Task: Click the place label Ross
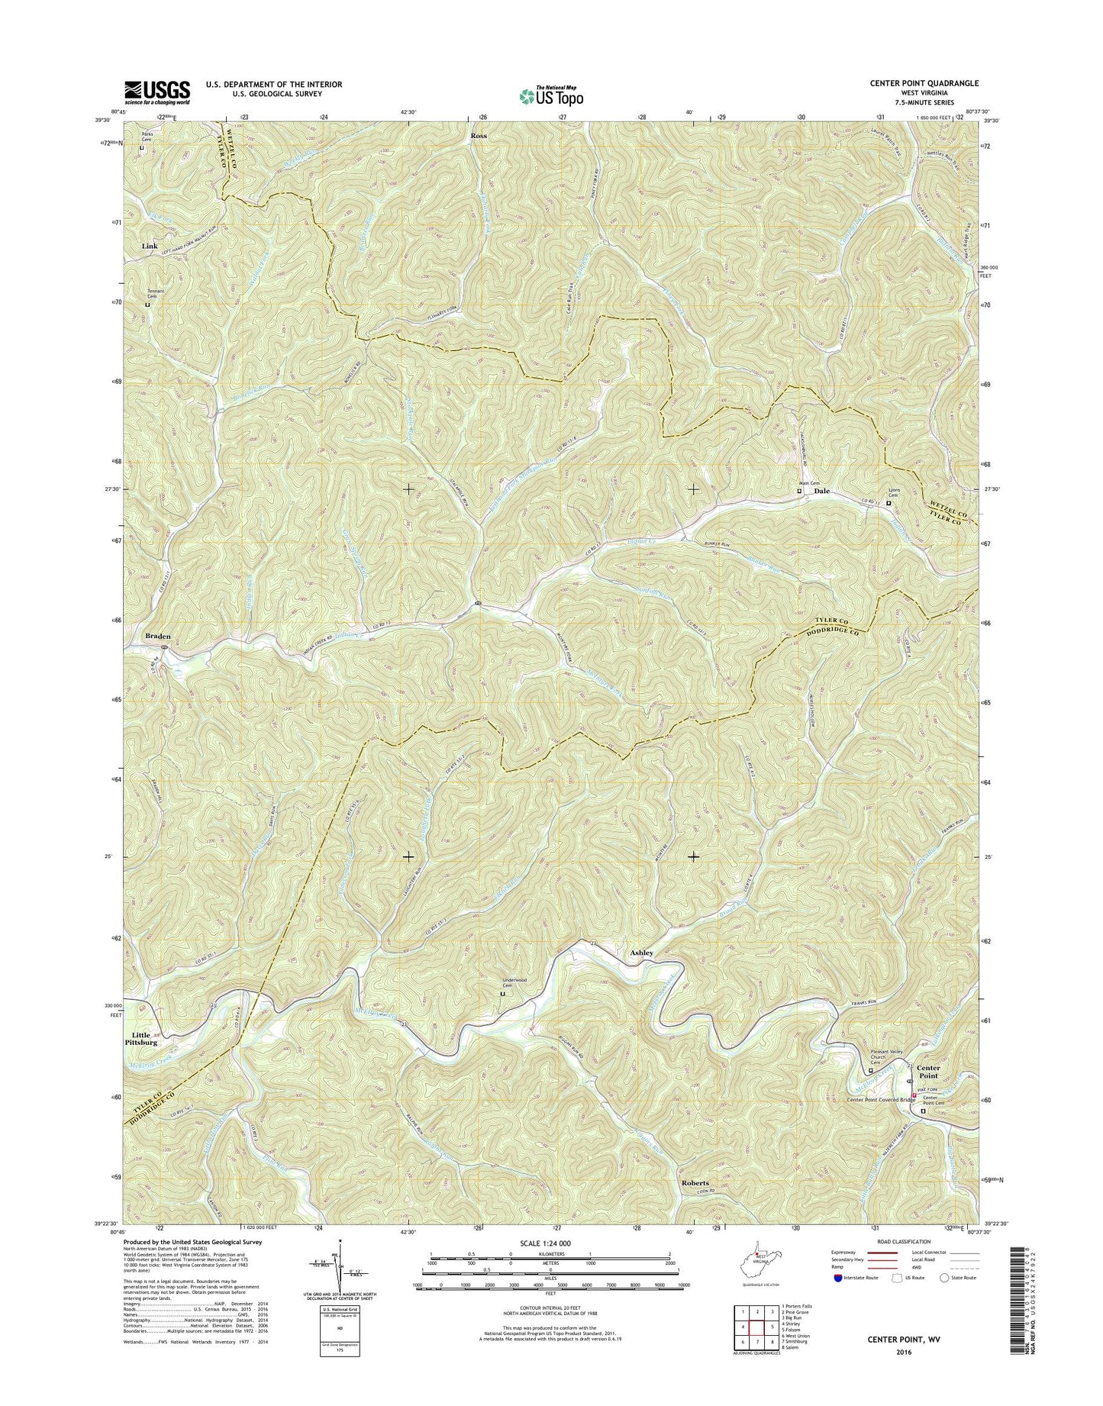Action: point(479,135)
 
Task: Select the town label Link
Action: point(150,246)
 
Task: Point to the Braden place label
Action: point(158,635)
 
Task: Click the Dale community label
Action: point(821,491)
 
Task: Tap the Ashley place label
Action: point(641,953)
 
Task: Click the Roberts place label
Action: point(695,1183)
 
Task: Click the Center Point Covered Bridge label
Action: point(880,1100)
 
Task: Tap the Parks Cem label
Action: point(147,137)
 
